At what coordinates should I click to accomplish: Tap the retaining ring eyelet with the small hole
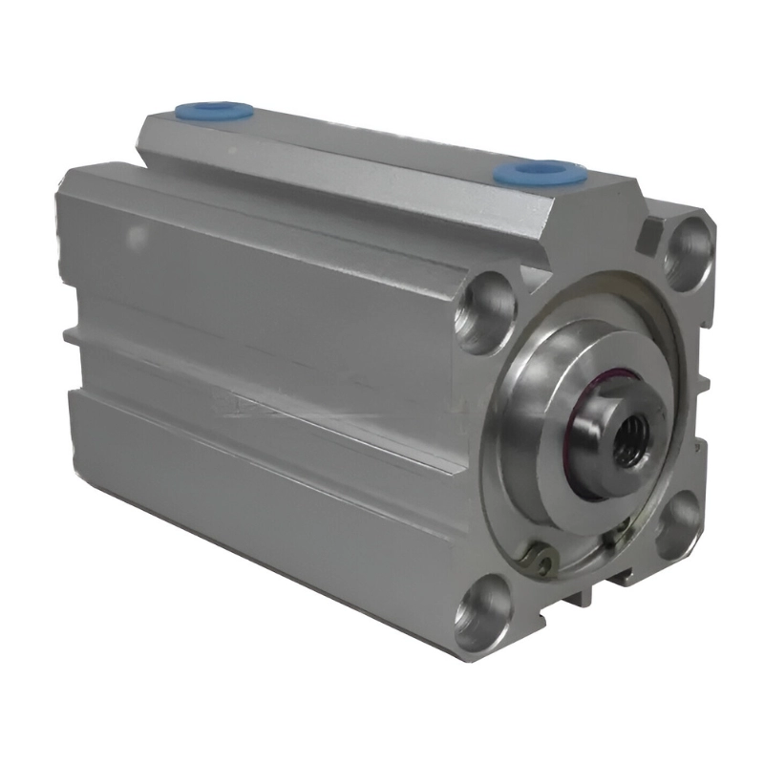(x=541, y=562)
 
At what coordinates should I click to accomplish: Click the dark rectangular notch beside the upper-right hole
(x=653, y=233)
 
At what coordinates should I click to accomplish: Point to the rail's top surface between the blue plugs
(x=372, y=148)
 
